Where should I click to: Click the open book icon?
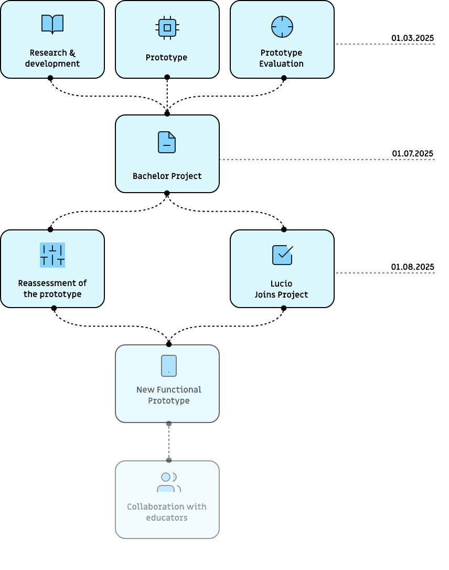pyautogui.click(x=52, y=24)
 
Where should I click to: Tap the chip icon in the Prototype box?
pyautogui.click(x=167, y=27)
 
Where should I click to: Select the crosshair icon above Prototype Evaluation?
pyautogui.click(x=282, y=26)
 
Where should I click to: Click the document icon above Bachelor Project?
pyautogui.click(x=167, y=142)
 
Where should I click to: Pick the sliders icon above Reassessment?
pyautogui.click(x=52, y=255)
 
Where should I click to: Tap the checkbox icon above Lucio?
pyautogui.click(x=282, y=255)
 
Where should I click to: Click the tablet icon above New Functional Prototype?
pyautogui.click(x=169, y=366)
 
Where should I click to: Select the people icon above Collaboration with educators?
pyautogui.click(x=168, y=482)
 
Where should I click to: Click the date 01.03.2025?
pyautogui.click(x=412, y=38)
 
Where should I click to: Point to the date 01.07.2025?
pyautogui.click(x=412, y=154)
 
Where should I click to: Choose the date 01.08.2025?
pyautogui.click(x=412, y=267)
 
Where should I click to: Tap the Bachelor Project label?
pyautogui.click(x=167, y=176)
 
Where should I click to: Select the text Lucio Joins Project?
pyautogui.click(x=282, y=289)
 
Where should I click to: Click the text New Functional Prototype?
pyautogui.click(x=168, y=395)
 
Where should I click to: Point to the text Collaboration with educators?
pyautogui.click(x=167, y=512)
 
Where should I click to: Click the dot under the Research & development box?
pyautogui.click(x=50, y=78)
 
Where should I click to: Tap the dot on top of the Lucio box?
pyautogui.click(x=284, y=229)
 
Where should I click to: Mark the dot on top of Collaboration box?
pyautogui.click(x=169, y=460)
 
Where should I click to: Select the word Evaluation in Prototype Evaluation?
pyautogui.click(x=281, y=64)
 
